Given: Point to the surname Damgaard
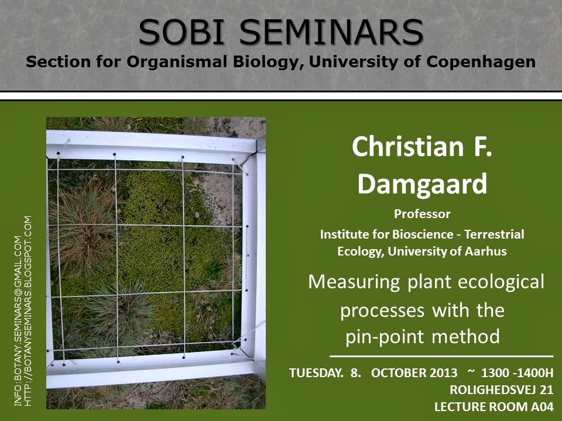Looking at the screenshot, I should click(x=422, y=184).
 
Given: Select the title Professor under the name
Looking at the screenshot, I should click(x=422, y=214).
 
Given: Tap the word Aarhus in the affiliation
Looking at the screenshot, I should click(x=485, y=252).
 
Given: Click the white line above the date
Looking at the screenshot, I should click(x=441, y=356).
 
